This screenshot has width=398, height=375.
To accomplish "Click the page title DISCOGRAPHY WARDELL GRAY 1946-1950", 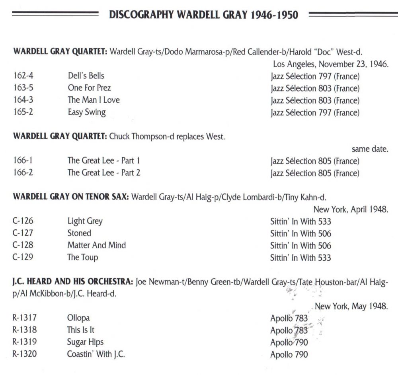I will coord(203,15).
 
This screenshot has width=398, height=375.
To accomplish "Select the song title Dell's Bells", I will coord(86,76).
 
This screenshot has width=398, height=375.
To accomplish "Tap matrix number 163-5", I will coord(23,88).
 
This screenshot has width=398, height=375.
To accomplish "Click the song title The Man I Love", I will coord(94,100).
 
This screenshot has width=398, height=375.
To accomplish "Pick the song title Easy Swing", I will coord(87,112).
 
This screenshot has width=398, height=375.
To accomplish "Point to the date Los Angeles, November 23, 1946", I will coord(330,64).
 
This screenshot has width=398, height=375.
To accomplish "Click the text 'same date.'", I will coord(370,149).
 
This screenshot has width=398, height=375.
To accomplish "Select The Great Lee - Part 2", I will coord(104,173).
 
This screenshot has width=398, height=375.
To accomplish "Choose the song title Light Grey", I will coord(85,221).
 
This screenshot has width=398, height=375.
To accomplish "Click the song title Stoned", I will coord(79,233).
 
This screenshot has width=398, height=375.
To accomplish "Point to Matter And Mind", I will coord(96,245).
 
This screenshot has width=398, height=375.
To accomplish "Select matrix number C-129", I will coord(23,257).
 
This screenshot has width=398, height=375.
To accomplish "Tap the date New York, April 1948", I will coord(351,209).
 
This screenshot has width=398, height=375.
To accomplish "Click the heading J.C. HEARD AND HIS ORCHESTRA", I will coord(72,282).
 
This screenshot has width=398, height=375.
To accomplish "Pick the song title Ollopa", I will coord(78,318).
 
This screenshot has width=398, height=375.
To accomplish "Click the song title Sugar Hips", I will coord(85,342).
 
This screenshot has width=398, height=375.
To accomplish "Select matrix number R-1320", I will coord(25,354).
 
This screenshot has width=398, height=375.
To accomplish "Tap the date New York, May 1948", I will coord(351,307).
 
